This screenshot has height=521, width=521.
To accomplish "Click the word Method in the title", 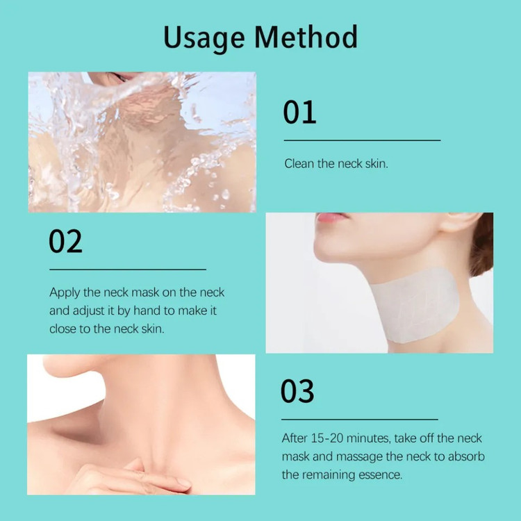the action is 306,37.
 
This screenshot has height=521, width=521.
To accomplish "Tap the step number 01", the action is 299,113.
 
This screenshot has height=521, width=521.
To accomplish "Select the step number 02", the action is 65,241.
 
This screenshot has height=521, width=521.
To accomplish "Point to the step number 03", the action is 297,390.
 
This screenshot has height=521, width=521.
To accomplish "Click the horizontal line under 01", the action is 362,140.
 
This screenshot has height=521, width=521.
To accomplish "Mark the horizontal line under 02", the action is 128,269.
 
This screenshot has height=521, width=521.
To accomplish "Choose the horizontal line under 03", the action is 360,420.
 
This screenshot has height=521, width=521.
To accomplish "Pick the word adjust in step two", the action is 89,311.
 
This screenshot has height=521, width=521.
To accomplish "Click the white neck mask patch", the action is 415,305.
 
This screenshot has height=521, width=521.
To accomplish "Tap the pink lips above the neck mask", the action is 331,217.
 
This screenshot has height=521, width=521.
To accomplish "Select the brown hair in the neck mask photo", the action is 481,245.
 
